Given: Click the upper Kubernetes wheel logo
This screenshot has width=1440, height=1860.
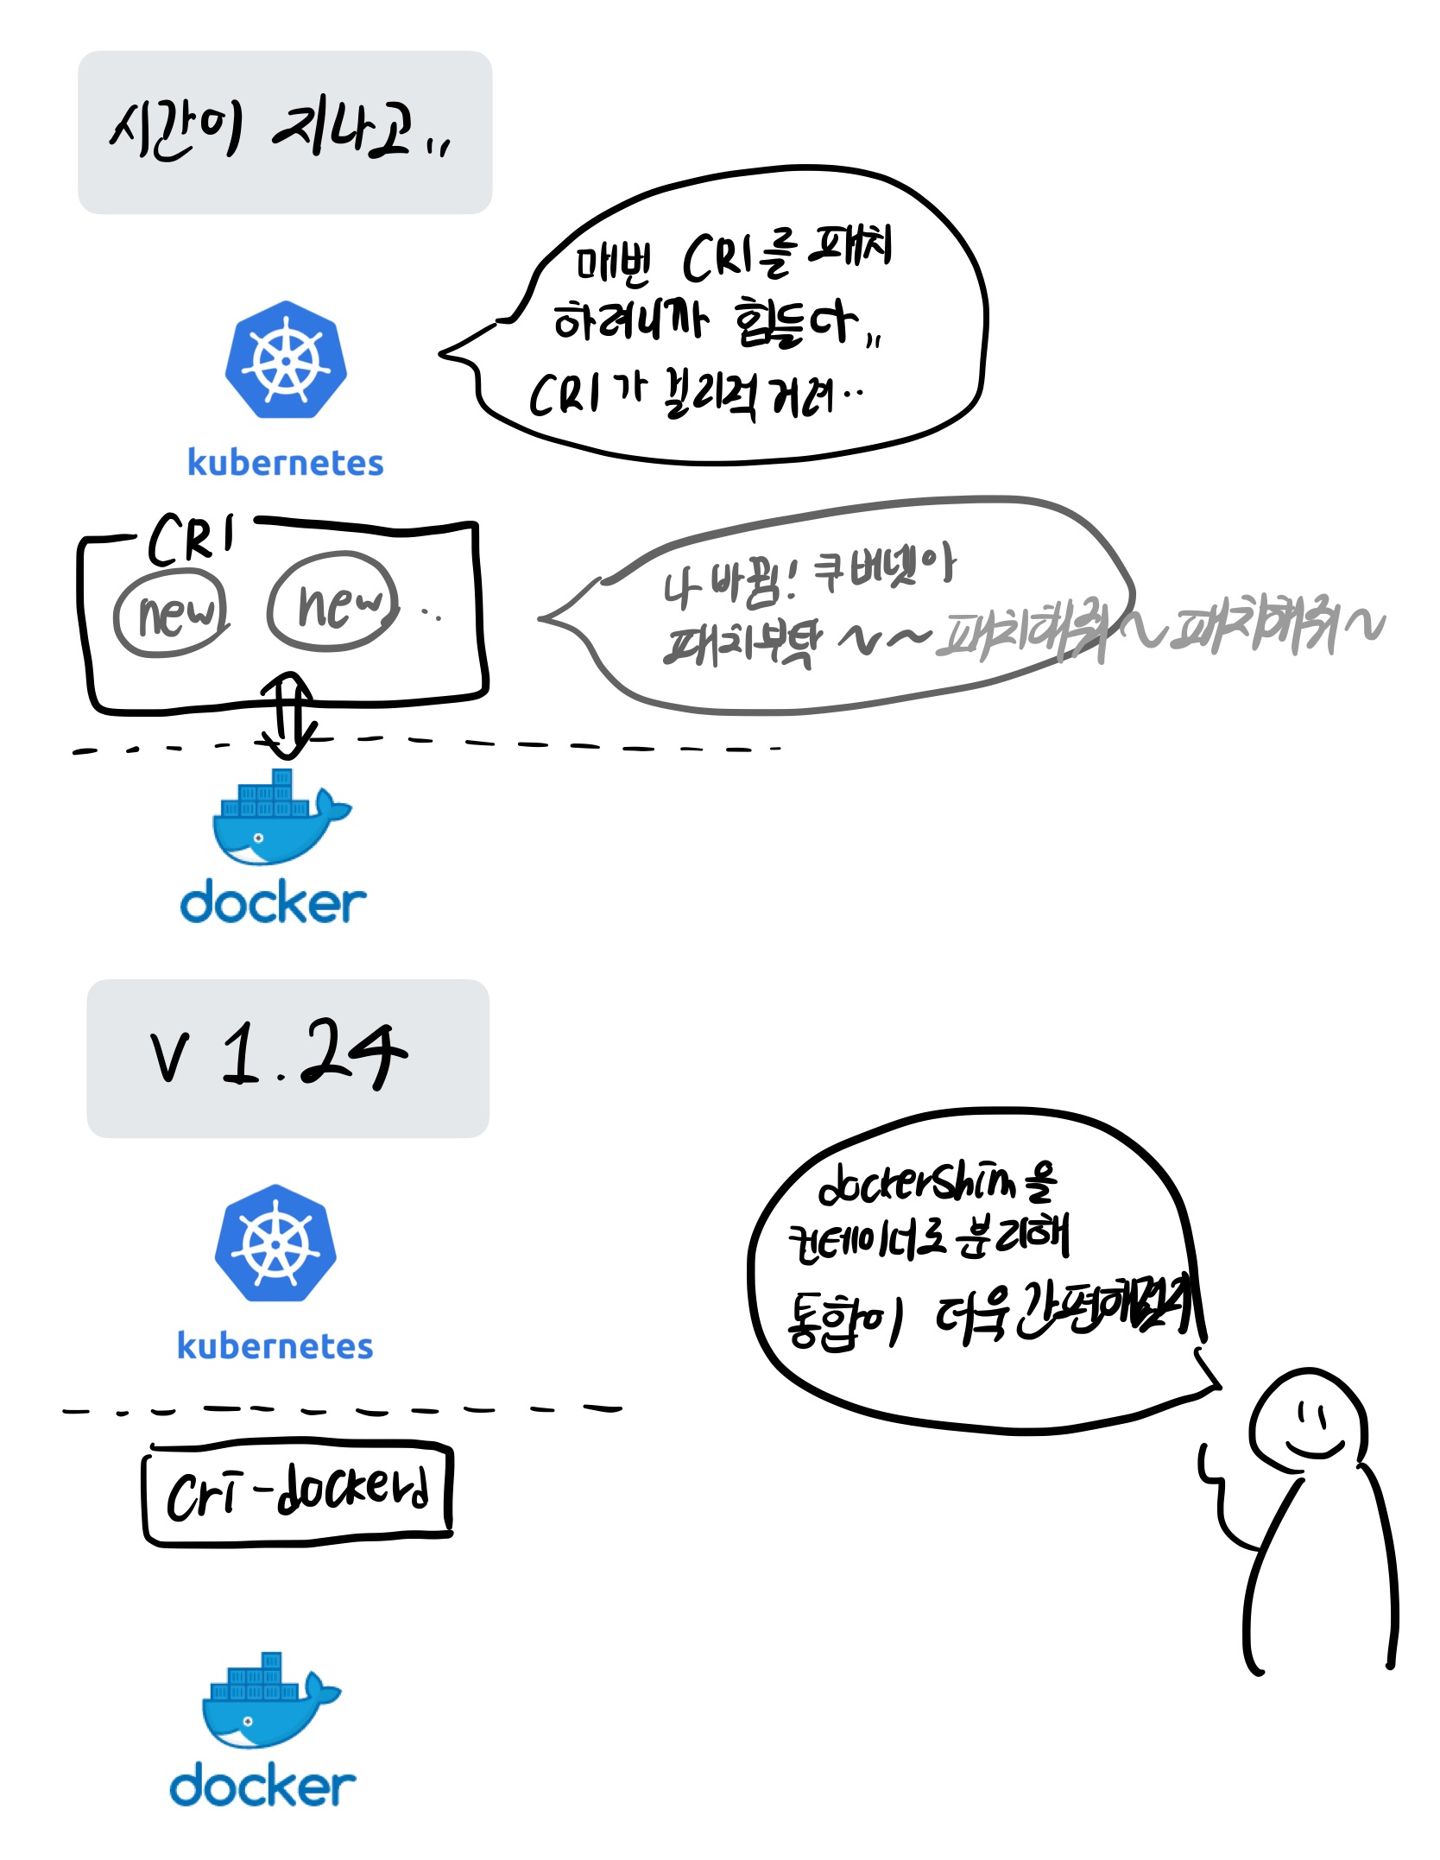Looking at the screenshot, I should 286,361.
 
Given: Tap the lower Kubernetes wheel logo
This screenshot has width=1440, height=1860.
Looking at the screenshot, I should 275,1243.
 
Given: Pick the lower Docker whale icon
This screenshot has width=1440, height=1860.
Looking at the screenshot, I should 270,1701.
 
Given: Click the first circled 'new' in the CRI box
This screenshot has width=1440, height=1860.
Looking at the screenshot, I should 172,612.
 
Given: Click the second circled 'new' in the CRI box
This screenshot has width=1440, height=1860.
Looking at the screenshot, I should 333,601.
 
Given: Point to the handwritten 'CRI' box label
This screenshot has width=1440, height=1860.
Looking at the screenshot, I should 192,539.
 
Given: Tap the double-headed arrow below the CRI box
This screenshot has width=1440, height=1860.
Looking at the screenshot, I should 287,715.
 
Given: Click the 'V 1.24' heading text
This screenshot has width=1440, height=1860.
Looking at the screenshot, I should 278,1054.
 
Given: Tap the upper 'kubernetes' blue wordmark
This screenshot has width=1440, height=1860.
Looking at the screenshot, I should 286,463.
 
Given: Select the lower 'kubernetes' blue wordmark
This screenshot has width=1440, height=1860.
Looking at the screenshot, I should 275,1346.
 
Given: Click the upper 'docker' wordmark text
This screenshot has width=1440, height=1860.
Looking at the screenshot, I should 273,903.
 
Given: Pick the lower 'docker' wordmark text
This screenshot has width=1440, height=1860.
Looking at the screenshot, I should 262,1787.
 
